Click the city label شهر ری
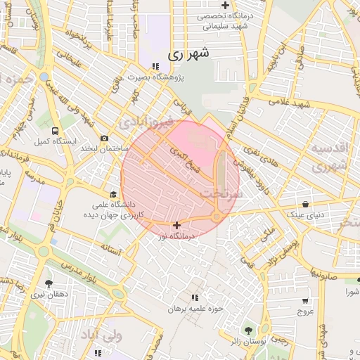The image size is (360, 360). (189, 53)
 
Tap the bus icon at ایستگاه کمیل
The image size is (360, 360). (55, 131)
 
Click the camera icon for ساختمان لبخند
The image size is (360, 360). (104, 139)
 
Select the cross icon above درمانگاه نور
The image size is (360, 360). (176, 225)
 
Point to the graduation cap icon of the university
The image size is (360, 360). (112, 195)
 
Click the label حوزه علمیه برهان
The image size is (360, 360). (195, 309)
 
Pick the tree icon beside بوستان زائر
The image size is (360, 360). (247, 330)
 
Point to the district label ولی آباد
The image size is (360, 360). (102, 335)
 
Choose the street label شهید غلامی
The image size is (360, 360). (288, 103)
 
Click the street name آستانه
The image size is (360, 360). (111, 249)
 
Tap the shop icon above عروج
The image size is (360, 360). (304, 299)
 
